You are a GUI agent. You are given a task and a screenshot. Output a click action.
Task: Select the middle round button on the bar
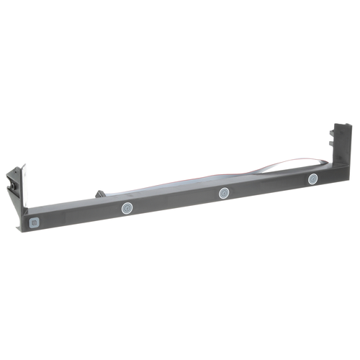(224, 193)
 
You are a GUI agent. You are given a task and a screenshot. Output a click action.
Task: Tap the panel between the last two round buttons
(269, 186)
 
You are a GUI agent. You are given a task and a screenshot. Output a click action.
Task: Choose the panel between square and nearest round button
(79, 217)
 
